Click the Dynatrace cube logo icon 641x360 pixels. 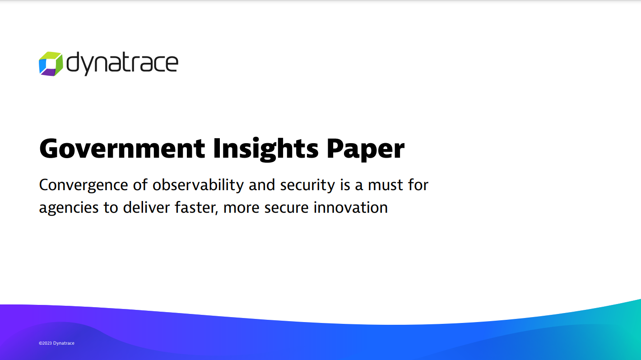point(51,64)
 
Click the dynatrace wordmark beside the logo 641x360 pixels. point(122,64)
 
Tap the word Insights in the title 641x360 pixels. point(266,149)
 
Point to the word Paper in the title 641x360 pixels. point(365,149)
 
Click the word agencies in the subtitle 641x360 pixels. point(68,208)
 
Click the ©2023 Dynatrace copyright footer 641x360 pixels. point(56,343)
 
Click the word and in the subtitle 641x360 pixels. point(262,185)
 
